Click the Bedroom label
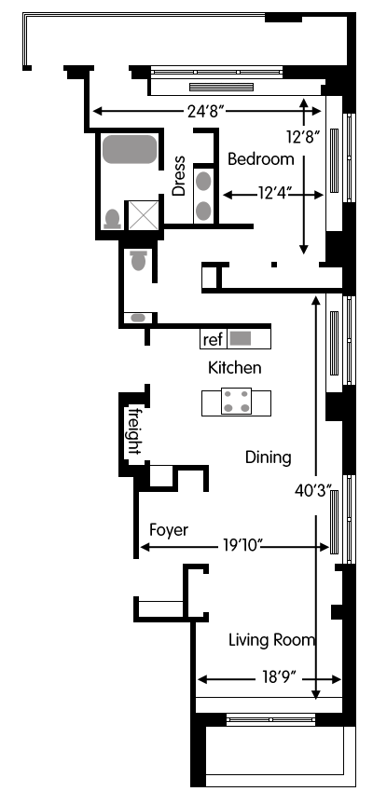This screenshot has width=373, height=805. [261, 159]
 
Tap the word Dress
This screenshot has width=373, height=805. [178, 176]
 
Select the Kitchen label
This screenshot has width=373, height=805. [235, 368]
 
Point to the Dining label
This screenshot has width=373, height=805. [269, 457]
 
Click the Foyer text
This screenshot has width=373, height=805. [169, 530]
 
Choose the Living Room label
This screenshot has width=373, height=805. [271, 640]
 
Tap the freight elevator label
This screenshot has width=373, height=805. [135, 430]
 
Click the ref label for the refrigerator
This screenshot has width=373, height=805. [214, 340]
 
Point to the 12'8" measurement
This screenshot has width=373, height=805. [304, 137]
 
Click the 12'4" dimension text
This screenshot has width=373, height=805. [275, 194]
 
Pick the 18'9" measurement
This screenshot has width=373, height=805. [280, 678]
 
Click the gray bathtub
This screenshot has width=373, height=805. [130, 149]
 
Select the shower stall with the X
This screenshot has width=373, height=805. [144, 215]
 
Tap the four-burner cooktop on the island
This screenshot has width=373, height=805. [236, 402]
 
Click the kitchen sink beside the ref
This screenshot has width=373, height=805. [240, 338]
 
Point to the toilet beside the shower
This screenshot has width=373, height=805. [113, 219]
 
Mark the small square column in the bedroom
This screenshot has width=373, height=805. [274, 265]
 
